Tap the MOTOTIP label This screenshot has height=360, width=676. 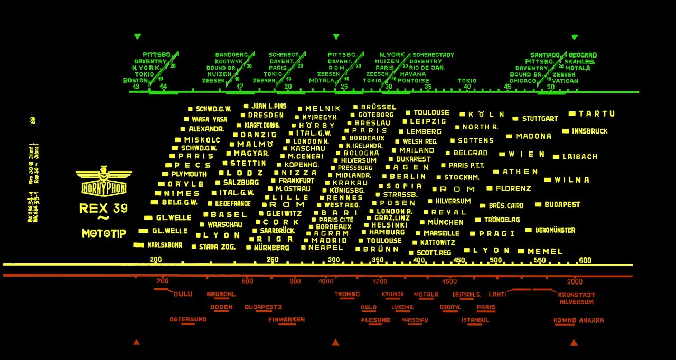104,233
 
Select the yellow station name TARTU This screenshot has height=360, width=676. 596,113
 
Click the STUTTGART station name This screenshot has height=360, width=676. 540,119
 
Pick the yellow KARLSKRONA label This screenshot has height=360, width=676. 164,245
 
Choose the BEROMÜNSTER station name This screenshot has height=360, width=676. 555,230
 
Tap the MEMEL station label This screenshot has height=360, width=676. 545,251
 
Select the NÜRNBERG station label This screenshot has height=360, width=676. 271,247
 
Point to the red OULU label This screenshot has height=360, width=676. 183,294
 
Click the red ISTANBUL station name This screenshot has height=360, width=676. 475,320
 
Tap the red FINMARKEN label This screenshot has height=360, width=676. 286,320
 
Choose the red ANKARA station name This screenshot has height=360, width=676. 591,320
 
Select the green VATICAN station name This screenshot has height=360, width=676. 565,81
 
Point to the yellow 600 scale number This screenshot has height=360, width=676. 585,260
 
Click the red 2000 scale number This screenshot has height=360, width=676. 575,281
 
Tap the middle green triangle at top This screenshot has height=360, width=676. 336,37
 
